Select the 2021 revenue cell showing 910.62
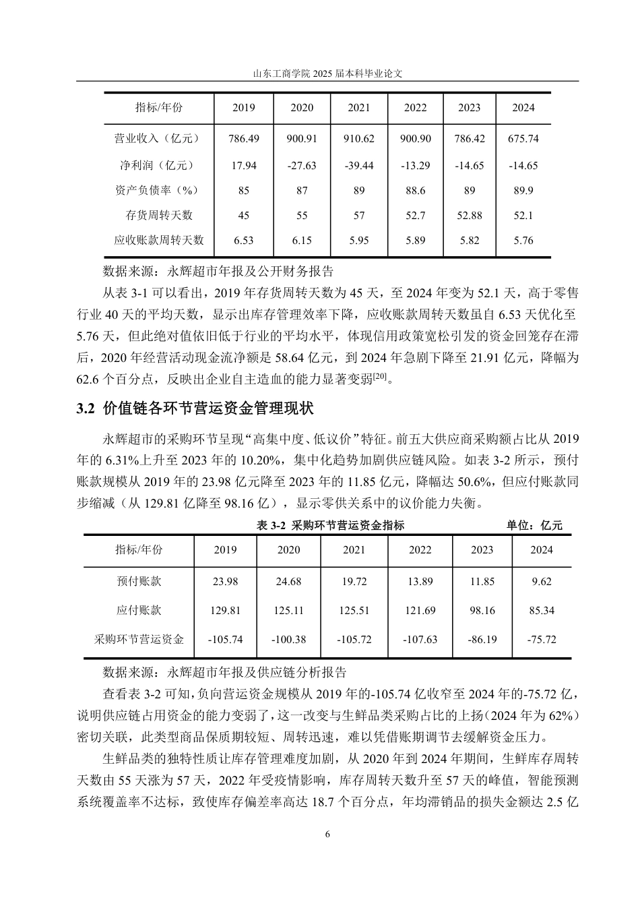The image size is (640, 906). pyautogui.click(x=359, y=139)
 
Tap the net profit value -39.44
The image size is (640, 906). pyautogui.click(x=359, y=165)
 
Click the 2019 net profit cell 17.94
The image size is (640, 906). pyautogui.click(x=243, y=165)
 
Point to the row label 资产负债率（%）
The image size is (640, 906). pyautogui.click(x=159, y=191)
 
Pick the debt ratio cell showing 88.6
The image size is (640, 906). pyautogui.click(x=416, y=191)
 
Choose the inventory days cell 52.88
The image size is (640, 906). pyautogui.click(x=470, y=216)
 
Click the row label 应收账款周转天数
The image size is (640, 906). pyautogui.click(x=159, y=240)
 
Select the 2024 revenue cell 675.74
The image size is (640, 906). pyautogui.click(x=523, y=139)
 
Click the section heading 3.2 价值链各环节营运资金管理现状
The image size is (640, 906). pyautogui.click(x=195, y=409)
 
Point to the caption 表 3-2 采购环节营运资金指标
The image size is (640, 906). pyautogui.click(x=331, y=525)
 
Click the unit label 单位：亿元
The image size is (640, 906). pyautogui.click(x=534, y=525)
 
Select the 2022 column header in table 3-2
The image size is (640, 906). pyautogui.click(x=420, y=550)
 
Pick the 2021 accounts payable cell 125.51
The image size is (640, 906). pyautogui.click(x=354, y=611)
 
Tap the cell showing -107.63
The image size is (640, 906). pyautogui.click(x=420, y=639)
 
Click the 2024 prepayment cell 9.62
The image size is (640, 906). pyautogui.click(x=542, y=582)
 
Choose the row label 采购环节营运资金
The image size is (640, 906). pyautogui.click(x=139, y=639)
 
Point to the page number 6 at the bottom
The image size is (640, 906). pyautogui.click(x=327, y=834)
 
